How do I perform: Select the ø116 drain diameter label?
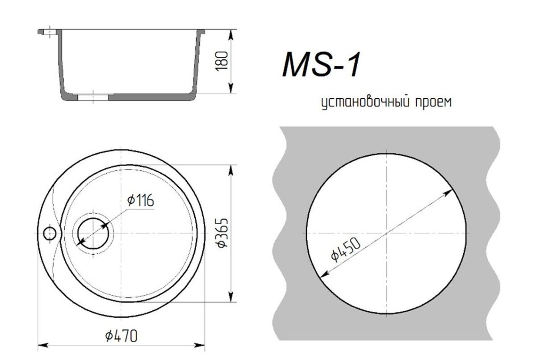140,201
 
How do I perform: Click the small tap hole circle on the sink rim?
50,233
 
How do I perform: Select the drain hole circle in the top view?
93,233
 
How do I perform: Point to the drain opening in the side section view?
93,96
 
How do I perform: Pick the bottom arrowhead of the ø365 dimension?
231,297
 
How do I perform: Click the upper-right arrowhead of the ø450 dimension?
450,192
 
